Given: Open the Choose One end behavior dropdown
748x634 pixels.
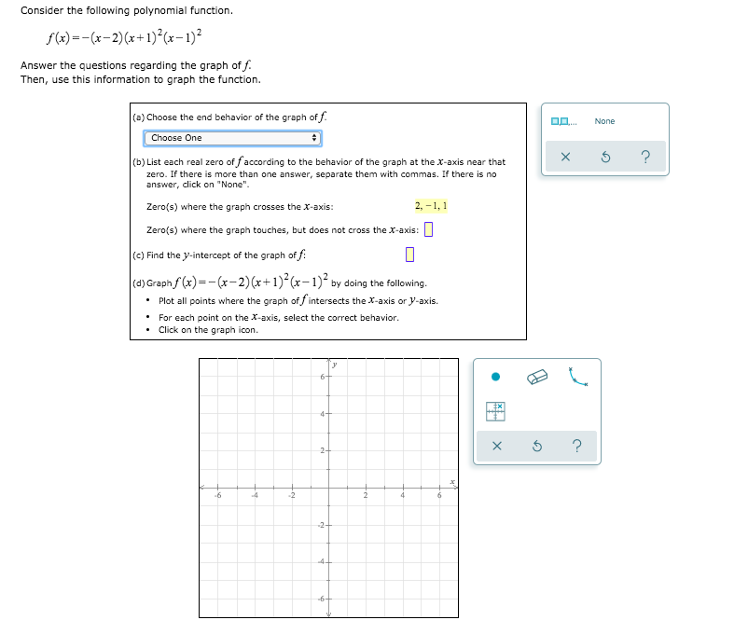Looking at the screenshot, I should tap(232, 138).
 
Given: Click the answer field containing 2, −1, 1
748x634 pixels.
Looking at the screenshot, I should tap(431, 205).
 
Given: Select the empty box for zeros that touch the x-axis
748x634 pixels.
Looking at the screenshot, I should tap(429, 230).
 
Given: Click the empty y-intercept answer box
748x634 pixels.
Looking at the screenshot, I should tap(409, 255).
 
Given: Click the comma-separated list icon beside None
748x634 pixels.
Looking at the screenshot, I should tap(564, 121).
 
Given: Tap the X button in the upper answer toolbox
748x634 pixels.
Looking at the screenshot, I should tap(565, 157).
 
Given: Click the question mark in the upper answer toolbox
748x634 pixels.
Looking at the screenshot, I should tap(645, 157).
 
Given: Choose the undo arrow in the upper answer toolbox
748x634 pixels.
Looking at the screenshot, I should tap(605, 157).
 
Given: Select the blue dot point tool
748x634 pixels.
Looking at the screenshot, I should tap(496, 377).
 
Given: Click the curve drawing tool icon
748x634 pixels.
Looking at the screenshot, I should tap(579, 377).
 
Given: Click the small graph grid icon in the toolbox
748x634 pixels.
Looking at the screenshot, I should tap(496, 411).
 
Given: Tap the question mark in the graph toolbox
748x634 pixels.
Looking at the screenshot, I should tap(577, 447).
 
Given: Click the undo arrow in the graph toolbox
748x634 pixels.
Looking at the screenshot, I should tap(537, 447).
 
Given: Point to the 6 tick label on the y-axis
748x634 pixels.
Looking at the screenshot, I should tap(321, 376).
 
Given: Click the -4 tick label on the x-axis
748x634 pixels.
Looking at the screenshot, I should tap(254, 496).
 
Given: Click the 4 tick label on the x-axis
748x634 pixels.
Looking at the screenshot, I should tap(402, 496).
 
